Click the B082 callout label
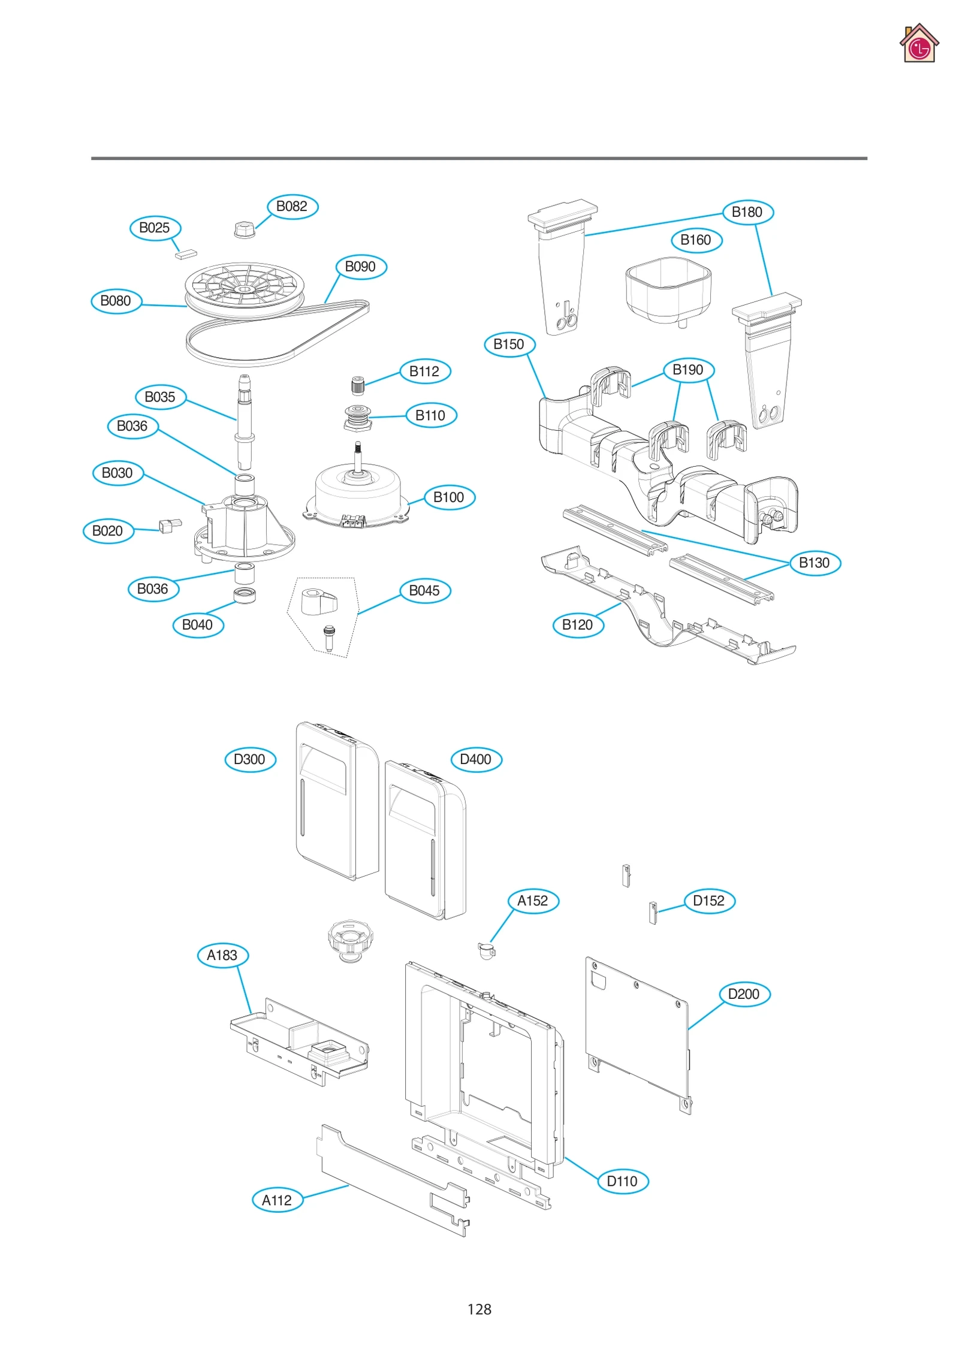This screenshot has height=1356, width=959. (x=292, y=207)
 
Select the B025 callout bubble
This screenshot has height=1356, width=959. (x=155, y=228)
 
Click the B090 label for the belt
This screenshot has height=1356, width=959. (x=360, y=267)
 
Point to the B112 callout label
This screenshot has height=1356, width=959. (x=424, y=372)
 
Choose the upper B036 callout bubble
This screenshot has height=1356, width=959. (x=132, y=427)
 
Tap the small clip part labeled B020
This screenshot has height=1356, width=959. (x=169, y=526)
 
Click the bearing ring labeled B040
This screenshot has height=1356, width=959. (x=245, y=595)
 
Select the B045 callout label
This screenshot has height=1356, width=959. (x=424, y=591)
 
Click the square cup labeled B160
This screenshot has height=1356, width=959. (x=667, y=289)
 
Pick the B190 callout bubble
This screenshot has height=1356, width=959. (x=688, y=370)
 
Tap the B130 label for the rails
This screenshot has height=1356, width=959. (x=815, y=563)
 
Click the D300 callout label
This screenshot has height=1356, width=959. (x=250, y=760)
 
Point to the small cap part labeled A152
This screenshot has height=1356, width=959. (x=487, y=950)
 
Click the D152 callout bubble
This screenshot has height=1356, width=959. (x=709, y=901)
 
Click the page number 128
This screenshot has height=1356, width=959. (x=479, y=1309)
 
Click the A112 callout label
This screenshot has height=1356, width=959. (x=277, y=1200)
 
